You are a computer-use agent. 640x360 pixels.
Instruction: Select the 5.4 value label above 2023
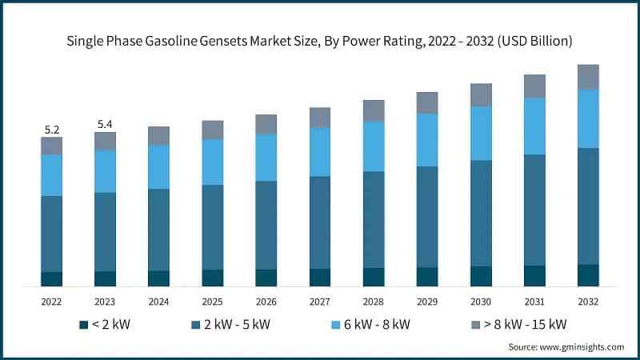click(x=105, y=124)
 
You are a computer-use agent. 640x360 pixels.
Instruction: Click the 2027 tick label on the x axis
click(x=320, y=302)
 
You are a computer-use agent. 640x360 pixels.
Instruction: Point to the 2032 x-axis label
click(x=588, y=302)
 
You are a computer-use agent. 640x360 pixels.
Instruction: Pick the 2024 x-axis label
click(x=158, y=302)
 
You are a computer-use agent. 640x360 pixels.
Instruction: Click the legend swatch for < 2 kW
click(x=82, y=324)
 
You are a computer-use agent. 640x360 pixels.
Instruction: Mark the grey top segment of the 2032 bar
click(x=588, y=77)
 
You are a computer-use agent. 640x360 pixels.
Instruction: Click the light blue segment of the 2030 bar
click(x=481, y=133)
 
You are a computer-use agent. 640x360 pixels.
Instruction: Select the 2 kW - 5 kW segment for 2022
click(x=51, y=234)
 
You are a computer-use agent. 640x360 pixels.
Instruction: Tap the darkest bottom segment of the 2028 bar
click(x=374, y=277)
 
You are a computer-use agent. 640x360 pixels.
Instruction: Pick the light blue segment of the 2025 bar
click(x=212, y=162)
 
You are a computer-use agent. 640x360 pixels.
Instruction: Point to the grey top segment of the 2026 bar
click(x=266, y=124)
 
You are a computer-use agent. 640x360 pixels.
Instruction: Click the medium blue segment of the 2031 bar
click(x=534, y=210)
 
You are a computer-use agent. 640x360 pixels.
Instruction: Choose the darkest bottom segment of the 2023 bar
click(x=105, y=278)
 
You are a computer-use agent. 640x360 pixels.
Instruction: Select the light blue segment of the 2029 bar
click(x=427, y=140)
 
